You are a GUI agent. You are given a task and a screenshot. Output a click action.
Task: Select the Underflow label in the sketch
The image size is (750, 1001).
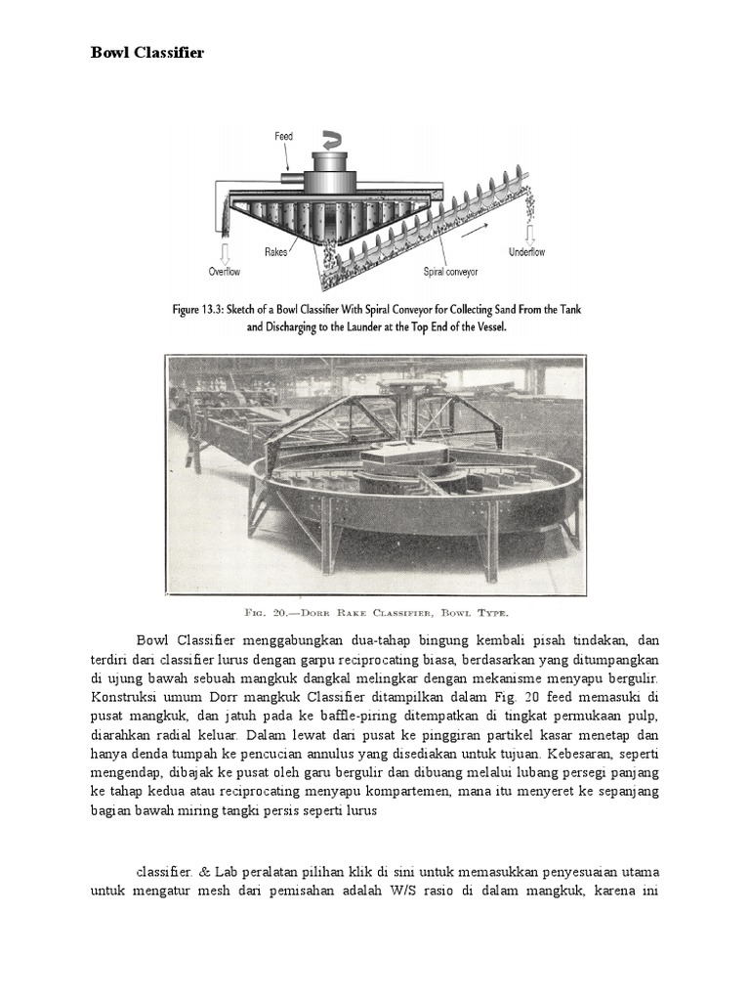(527, 252)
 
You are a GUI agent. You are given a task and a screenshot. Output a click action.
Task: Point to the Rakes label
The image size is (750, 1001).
(276, 251)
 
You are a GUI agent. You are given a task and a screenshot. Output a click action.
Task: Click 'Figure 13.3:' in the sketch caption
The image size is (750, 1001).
(203, 309)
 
